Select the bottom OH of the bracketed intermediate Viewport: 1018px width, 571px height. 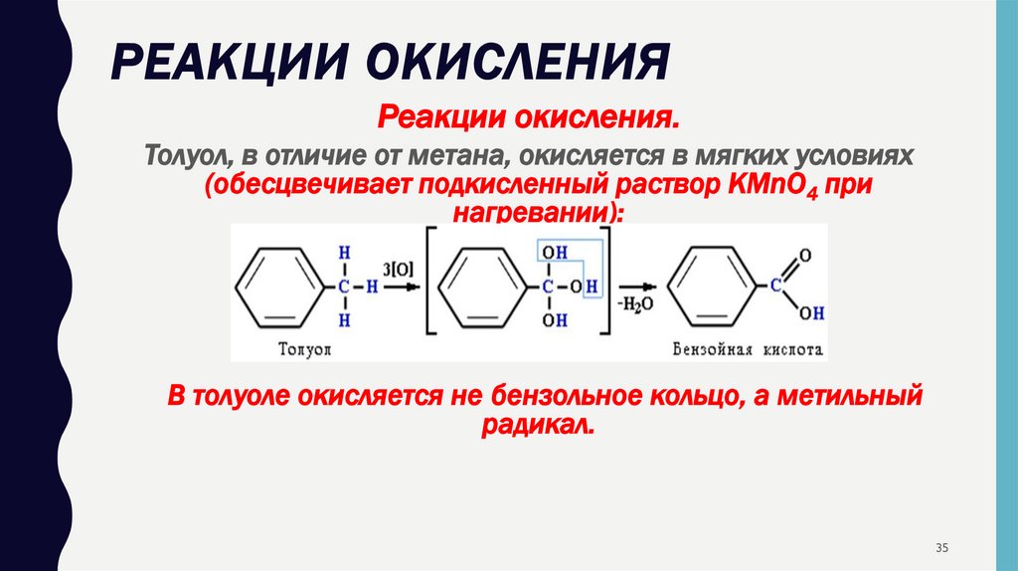click(x=554, y=320)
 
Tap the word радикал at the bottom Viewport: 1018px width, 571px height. click(x=539, y=424)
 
